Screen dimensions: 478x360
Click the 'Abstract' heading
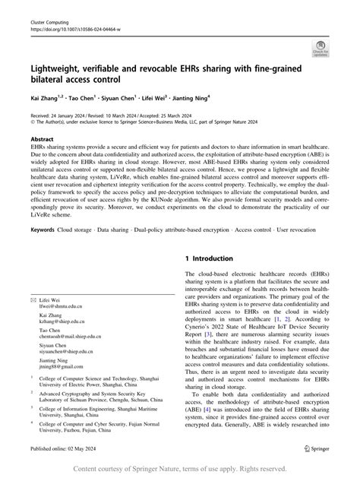tap(42, 140)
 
